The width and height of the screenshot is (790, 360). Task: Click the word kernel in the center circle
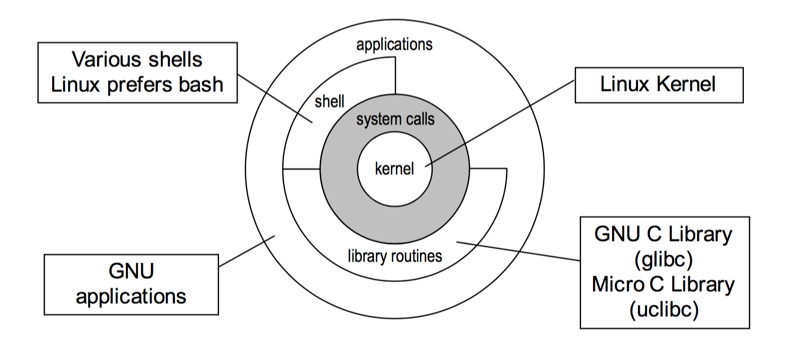tap(394, 169)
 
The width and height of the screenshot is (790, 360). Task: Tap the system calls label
tap(395, 119)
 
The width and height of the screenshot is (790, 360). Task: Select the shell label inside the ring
tap(329, 102)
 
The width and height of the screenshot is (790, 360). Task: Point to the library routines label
tap(395, 256)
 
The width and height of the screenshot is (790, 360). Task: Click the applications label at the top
tap(394, 45)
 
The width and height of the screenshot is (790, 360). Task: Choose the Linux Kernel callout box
tap(659, 85)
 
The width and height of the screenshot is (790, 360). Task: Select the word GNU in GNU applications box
tap(131, 271)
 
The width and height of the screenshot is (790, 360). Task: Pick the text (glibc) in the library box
tap(664, 259)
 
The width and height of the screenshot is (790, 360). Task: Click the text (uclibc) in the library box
tap(664, 309)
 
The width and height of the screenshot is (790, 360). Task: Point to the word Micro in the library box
tap(618, 284)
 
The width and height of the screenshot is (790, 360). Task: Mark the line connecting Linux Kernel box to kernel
tap(501, 123)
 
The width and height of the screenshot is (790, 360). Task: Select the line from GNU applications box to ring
tap(246, 251)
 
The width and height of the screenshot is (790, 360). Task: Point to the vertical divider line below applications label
tap(396, 75)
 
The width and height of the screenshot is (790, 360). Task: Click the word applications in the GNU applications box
tap(131, 296)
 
